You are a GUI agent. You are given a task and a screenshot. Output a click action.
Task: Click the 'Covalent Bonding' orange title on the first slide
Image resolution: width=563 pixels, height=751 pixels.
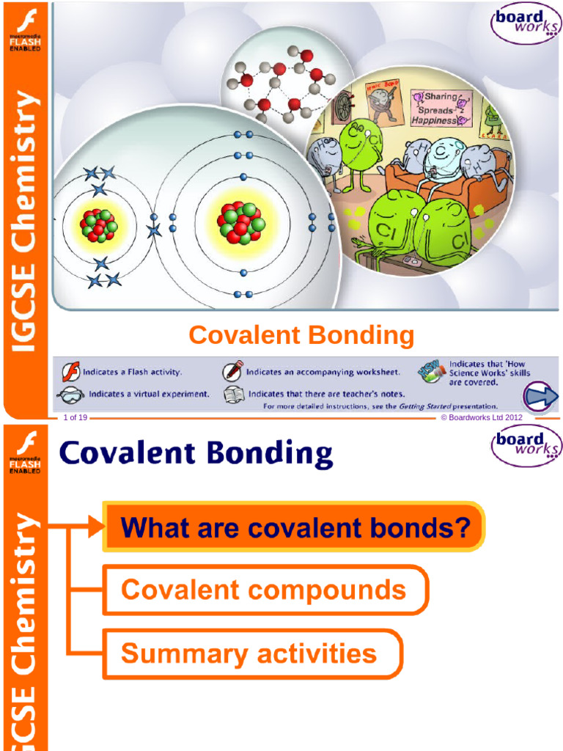pos(301,336)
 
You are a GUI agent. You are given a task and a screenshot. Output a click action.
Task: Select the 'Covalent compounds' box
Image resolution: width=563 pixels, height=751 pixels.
pos(264,590)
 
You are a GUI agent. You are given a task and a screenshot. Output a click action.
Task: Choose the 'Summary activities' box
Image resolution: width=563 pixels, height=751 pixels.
pos(249,653)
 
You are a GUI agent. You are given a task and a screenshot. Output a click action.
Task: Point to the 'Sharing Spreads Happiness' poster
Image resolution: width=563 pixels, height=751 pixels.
pos(438,108)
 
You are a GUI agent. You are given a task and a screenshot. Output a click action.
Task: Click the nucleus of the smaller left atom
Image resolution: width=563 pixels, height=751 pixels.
pos(98,225)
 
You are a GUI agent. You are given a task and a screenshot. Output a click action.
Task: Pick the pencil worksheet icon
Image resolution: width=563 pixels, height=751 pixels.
pos(234,370)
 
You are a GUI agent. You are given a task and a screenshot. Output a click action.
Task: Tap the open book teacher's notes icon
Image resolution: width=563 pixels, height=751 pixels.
pos(234,393)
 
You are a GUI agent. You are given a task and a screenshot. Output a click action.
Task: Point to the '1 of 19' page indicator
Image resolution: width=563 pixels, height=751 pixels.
pos(76,417)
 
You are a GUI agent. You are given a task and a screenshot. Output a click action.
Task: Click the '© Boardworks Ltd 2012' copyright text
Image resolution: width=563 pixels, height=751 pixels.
pos(481,417)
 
